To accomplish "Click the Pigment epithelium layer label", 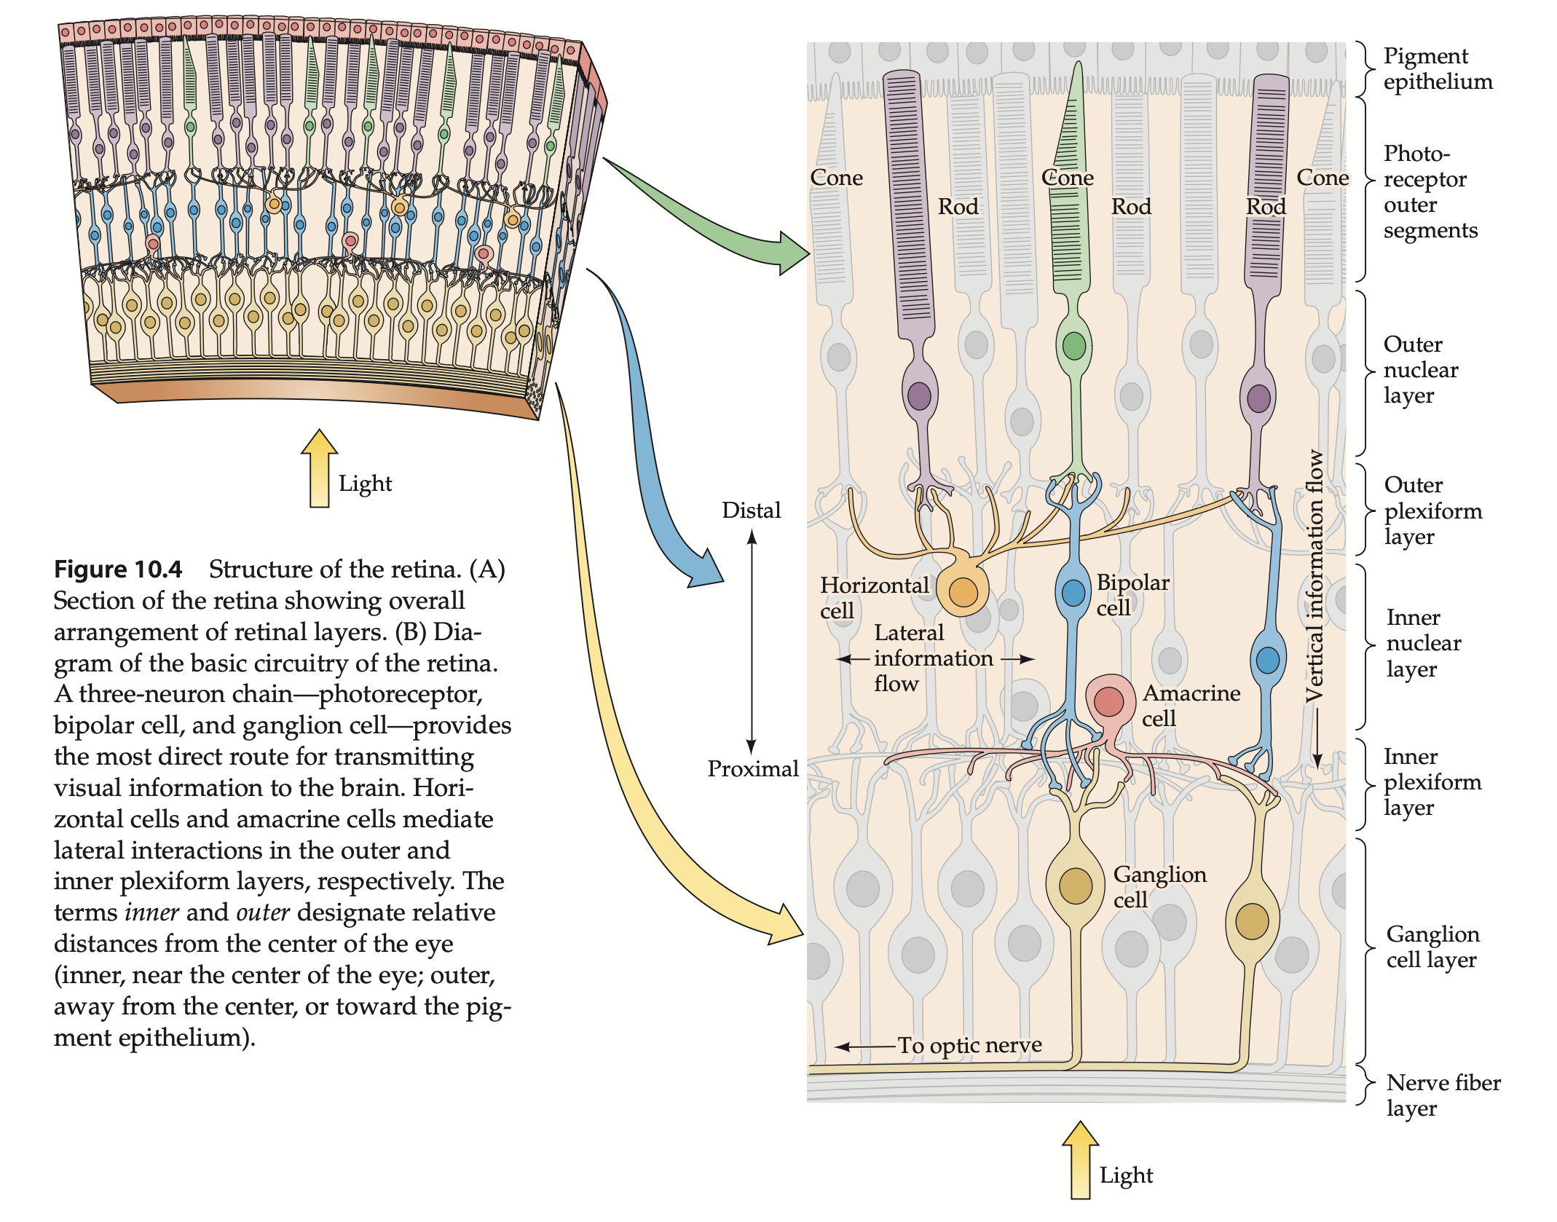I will point(1437,68).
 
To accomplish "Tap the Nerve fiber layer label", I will point(1442,1095).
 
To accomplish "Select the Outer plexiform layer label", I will point(1432,511).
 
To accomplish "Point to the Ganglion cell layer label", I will point(1432,946).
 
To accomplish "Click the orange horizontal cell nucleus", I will point(963,592).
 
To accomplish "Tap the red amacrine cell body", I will point(1109,701).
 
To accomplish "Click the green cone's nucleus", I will point(1073,346).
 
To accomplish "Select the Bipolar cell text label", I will point(1132,594).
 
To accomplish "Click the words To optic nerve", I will point(969,1045).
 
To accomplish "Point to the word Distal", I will point(751,510).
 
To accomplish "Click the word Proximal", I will point(752,768).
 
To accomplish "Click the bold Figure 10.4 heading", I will point(118,569).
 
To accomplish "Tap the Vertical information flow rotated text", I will point(1314,575).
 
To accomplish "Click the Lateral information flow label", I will point(932,658).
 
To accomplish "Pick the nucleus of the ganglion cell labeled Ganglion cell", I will point(1075,886).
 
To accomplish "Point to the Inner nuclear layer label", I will point(1423,642).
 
